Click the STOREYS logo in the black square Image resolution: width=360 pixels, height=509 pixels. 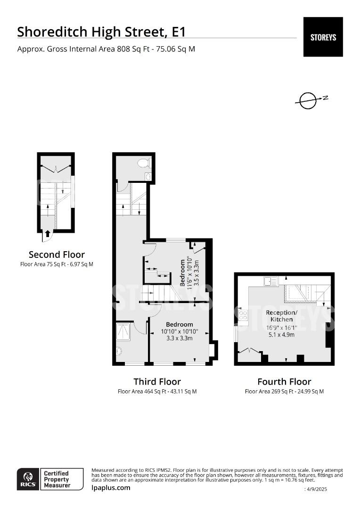click(323, 37)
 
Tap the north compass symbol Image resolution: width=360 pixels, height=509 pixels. click(309, 100)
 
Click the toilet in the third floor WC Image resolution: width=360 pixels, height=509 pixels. click(144, 163)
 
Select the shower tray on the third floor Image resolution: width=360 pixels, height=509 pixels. click(124, 330)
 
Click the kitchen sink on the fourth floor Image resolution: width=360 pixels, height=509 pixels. click(271, 281)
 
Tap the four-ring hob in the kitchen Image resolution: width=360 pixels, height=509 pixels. click(243, 315)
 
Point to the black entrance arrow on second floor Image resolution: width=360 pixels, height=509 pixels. click(47, 233)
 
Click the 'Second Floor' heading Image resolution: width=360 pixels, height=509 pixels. click(57, 254)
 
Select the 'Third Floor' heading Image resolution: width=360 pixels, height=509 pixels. click(157, 381)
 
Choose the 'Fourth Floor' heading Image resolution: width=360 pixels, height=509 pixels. click(284, 381)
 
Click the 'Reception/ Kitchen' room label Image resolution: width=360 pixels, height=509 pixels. click(281, 316)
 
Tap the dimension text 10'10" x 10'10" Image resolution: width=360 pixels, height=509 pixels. click(180, 331)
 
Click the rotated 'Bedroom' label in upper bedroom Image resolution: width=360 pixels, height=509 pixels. click(182, 272)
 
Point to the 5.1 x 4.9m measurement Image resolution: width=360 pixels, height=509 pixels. click(281, 335)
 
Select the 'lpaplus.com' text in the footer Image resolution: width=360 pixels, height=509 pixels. click(111, 487)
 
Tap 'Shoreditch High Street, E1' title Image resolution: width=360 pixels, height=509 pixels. click(101, 32)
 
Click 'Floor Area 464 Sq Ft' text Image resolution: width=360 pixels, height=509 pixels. click(157, 391)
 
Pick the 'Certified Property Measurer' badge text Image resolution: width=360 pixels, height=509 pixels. click(57, 479)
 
